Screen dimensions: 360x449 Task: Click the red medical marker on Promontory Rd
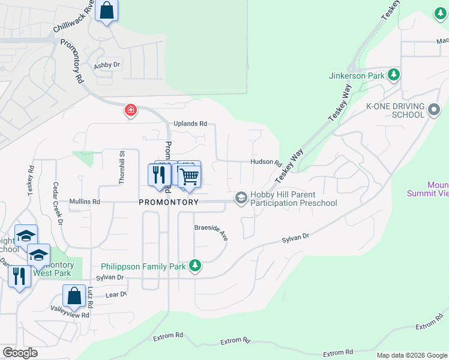130,110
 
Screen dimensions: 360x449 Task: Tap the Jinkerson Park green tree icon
394,75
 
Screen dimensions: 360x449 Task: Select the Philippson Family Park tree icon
194,265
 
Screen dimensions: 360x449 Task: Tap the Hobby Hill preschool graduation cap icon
241,197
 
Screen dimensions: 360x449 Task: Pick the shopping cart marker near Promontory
189,176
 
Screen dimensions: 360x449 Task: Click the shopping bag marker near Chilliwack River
106,10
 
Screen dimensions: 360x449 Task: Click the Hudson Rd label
266,162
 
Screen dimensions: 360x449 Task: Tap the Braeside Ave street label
211,232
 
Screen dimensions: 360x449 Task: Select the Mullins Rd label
85,202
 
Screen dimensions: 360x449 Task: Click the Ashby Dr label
107,65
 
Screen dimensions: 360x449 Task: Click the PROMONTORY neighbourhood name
169,202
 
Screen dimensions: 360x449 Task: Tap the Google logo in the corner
20,353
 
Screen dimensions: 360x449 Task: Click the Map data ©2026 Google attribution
411,355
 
